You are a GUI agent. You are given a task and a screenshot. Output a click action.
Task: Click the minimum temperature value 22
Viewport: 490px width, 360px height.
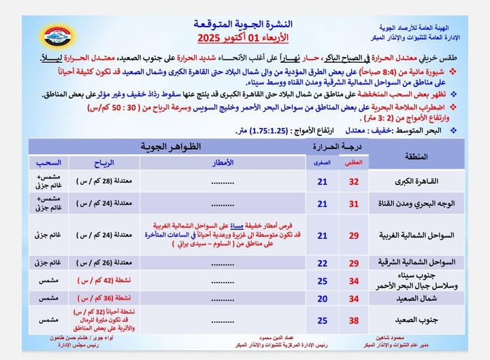(x=323, y=263)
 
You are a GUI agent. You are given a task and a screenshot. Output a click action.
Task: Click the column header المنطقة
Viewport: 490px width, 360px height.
(x=416, y=157)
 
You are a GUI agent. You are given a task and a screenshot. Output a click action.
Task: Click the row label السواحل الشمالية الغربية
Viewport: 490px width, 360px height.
(x=408, y=235)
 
